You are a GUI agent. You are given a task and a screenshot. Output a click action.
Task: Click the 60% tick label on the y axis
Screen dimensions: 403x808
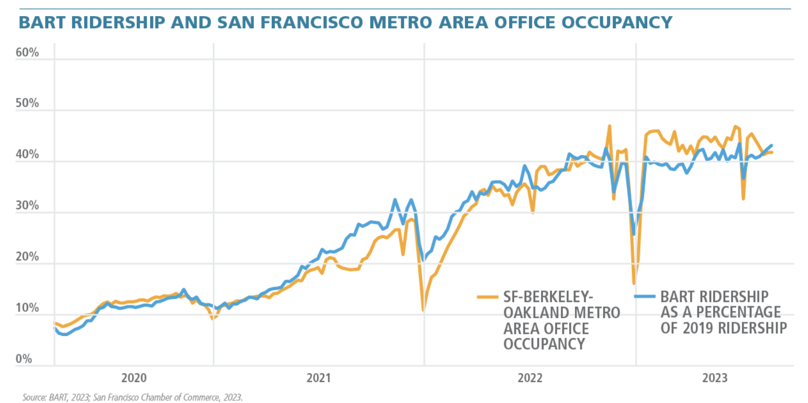(28, 53)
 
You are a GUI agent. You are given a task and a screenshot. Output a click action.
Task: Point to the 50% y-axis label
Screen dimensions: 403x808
(28, 104)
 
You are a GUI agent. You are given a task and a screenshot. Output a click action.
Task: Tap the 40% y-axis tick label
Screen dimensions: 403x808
(28, 155)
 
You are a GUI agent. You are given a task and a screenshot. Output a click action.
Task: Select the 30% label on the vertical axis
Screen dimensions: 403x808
(28, 206)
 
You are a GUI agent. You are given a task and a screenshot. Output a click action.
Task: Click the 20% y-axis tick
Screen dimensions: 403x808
(28, 257)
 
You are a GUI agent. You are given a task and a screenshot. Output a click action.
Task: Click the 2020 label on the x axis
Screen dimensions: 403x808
(133, 378)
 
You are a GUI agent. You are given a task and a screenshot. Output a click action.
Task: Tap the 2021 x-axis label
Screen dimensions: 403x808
(318, 378)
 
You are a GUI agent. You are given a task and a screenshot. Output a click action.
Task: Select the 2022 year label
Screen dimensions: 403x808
(530, 378)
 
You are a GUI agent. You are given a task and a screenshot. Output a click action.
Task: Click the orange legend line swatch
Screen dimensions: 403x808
(488, 296)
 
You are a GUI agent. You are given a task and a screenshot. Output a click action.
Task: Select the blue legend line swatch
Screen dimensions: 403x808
(644, 296)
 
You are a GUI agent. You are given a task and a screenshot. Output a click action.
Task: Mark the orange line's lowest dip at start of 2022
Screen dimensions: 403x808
(423, 311)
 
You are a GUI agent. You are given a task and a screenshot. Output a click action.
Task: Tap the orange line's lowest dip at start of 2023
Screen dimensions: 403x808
(634, 283)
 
